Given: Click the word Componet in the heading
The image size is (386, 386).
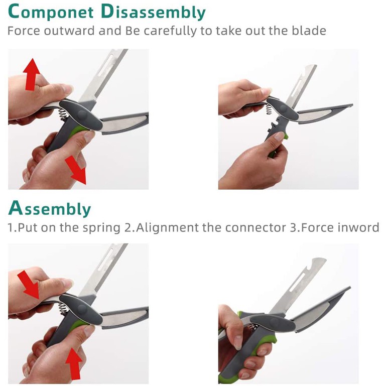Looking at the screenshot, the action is [x=51, y=12].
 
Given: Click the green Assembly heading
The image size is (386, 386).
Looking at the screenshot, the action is [x=50, y=208].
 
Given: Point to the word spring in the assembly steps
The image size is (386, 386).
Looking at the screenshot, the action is [x=101, y=228].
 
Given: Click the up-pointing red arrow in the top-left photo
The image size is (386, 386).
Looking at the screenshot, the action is [x=31, y=74].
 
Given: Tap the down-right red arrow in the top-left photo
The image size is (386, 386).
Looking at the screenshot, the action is [x=76, y=170].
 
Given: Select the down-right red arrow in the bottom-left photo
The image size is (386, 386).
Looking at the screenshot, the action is [x=28, y=285].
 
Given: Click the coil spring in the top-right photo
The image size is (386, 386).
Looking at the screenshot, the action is [x=269, y=109].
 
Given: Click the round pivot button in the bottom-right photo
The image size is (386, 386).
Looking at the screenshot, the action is [x=273, y=322].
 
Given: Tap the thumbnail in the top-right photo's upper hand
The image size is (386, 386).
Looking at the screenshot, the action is [x=267, y=91].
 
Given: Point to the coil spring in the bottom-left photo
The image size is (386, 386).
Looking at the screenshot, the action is [x=63, y=308].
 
